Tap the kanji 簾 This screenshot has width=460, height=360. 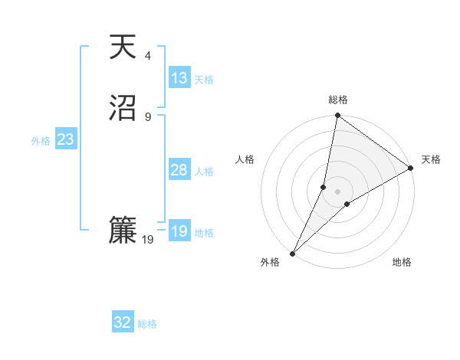[123, 231]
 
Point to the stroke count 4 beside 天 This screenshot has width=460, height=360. [148, 55]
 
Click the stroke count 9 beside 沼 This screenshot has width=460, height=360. [148, 116]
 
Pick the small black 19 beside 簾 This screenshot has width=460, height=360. [148, 240]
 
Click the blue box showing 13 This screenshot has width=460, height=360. [179, 78]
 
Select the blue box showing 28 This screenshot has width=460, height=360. [179, 170]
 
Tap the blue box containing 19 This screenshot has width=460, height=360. [179, 231]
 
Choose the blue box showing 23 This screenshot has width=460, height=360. [65, 140]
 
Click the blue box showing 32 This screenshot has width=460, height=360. [123, 322]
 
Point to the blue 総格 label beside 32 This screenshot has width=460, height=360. [147, 324]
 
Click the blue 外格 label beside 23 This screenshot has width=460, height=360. [41, 141]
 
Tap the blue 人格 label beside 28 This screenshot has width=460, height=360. [204, 172]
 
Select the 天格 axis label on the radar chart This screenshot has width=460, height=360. [431, 159]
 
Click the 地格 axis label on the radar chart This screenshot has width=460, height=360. [402, 263]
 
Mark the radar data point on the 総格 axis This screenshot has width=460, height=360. [337, 116]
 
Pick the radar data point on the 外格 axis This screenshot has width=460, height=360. [292, 253]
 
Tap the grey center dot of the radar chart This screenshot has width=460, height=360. [337, 191]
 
